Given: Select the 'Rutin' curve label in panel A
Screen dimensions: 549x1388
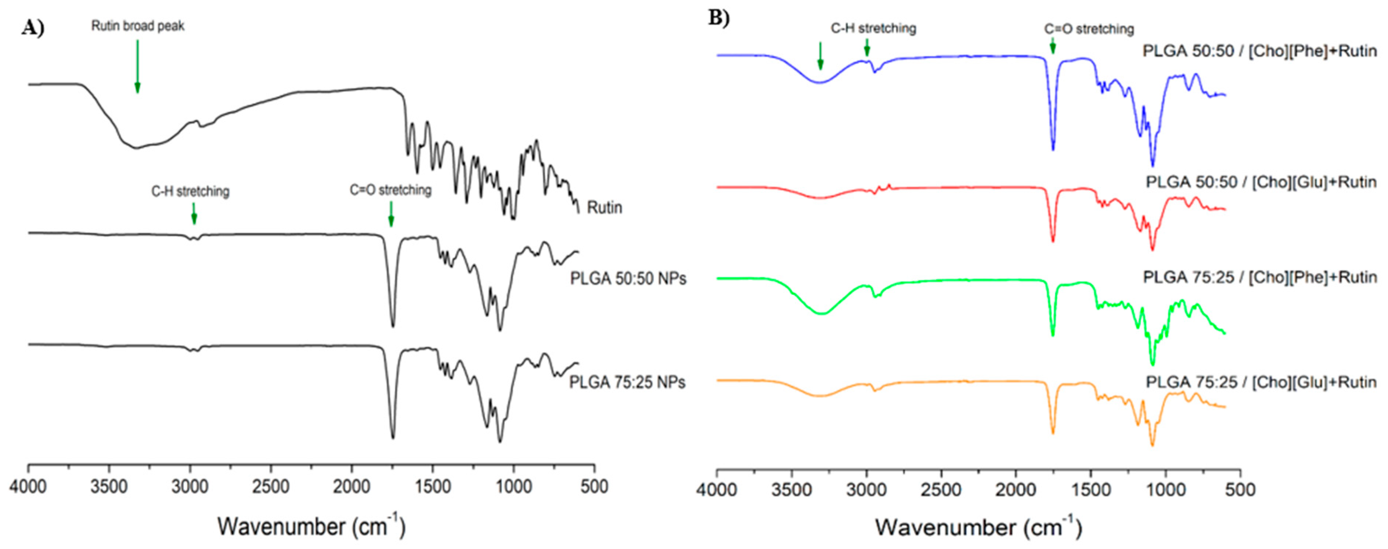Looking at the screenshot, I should click(x=604, y=207).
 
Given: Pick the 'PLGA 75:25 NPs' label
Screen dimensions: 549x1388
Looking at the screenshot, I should click(x=627, y=382).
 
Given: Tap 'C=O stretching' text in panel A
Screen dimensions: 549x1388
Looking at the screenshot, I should click(x=391, y=190).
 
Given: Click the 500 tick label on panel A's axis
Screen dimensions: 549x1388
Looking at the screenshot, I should click(x=594, y=487).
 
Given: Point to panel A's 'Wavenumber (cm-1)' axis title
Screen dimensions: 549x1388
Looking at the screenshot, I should click(x=311, y=526).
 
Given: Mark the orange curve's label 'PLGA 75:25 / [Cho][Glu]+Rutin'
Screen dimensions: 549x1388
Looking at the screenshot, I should click(x=1261, y=382).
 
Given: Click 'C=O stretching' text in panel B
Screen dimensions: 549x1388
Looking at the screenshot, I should click(x=1089, y=29).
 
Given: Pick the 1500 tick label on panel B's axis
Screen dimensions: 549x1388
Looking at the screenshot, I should click(x=1091, y=490).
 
